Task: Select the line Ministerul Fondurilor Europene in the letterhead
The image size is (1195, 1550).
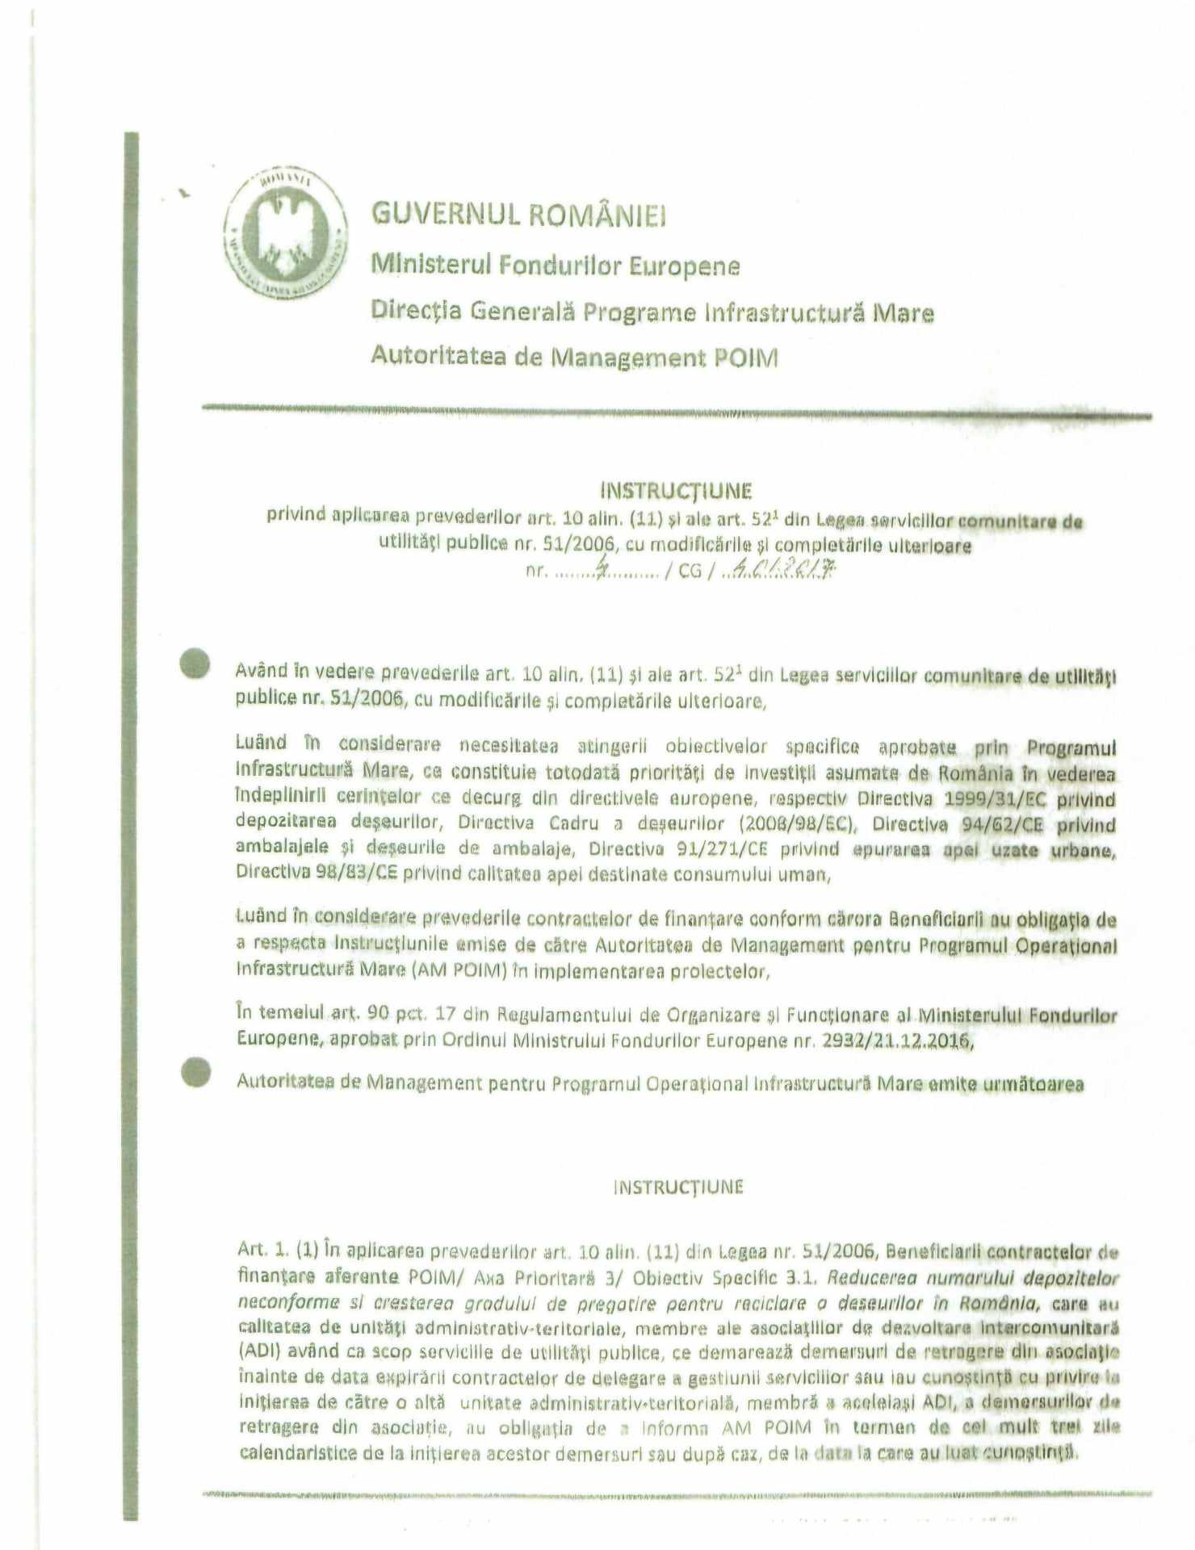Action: [556, 265]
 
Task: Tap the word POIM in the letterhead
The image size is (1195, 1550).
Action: [746, 358]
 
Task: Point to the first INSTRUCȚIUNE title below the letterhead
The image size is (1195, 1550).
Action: [677, 491]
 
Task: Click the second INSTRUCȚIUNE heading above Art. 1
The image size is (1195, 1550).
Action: [678, 1187]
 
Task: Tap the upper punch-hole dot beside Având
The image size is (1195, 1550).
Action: [195, 664]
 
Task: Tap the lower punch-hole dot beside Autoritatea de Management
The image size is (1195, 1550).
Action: [195, 1072]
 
